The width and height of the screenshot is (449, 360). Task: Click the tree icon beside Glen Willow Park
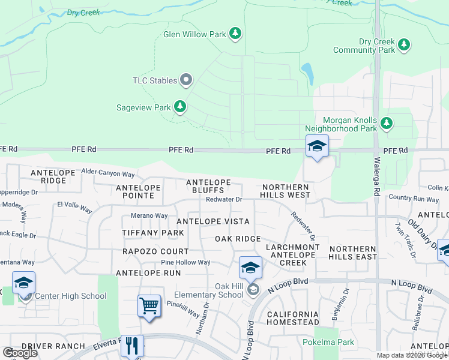pos(236,34)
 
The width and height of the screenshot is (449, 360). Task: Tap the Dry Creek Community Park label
pos(376,46)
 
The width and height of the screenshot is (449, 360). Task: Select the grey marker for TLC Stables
pos(186,80)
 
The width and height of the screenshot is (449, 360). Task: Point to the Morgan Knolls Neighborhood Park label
pos(340,124)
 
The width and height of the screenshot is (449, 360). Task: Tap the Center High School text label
pos(70,296)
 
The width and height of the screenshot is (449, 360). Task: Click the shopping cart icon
pos(149,305)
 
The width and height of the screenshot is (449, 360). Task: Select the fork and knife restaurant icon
pos(132,346)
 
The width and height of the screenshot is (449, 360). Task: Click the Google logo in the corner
pos(20,352)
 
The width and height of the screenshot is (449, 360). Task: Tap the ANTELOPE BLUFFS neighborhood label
pos(208,186)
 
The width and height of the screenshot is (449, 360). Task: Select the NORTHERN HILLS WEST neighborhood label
pos(285,191)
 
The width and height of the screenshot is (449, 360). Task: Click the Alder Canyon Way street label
pos(108,173)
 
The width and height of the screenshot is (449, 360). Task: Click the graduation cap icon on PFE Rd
pos(317,146)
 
